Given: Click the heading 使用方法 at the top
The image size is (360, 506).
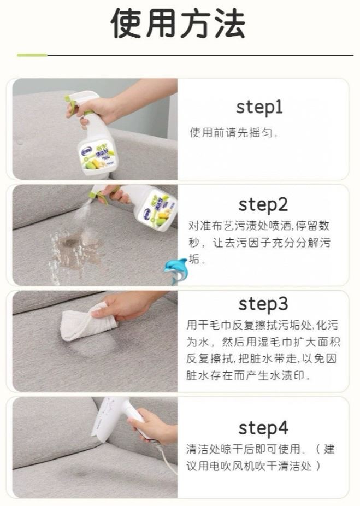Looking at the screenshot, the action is (179, 23).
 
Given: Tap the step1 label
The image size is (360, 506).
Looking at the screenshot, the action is (259, 108).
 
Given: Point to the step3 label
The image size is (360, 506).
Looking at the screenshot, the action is (263, 304).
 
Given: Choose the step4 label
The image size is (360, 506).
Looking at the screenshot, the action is (263, 428).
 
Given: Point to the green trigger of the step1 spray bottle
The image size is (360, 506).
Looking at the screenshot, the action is (73, 104).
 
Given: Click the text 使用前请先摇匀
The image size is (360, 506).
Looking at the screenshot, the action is (231, 133).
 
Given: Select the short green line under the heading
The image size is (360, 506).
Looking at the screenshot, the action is (32, 55).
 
